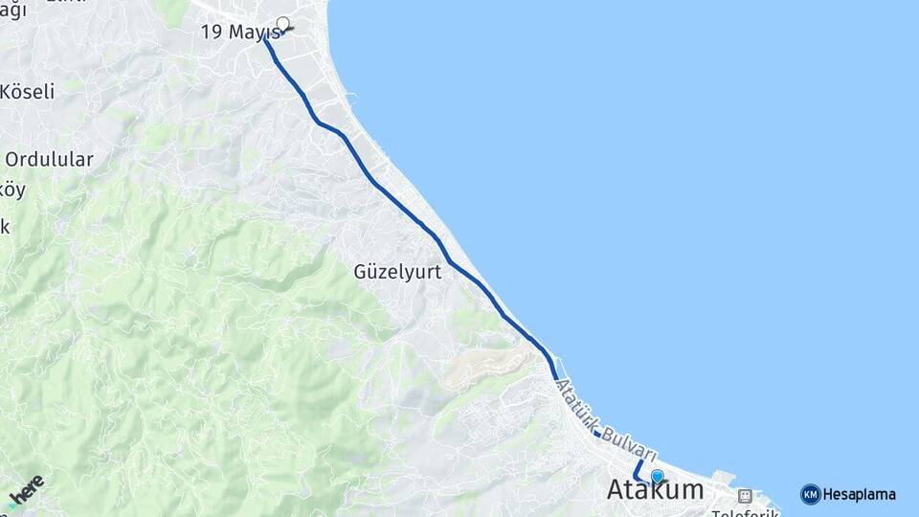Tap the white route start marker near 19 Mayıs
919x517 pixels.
282,23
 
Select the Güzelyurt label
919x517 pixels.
397,272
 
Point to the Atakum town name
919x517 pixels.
655,490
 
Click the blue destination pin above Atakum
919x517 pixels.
657,476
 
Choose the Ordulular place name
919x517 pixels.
50,160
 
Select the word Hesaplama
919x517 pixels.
859,495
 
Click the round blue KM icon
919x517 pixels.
810,495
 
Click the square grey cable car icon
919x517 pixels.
745,496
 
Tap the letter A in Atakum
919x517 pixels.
617,490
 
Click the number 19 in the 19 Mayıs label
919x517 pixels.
211,33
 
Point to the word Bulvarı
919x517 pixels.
629,441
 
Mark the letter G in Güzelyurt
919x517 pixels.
361,272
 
